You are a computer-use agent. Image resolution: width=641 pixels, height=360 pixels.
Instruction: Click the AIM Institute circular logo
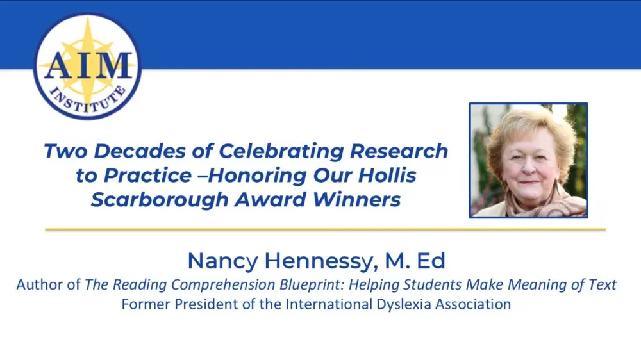[x=88, y=66]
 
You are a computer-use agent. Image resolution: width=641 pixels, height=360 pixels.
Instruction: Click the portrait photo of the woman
[x=528, y=160]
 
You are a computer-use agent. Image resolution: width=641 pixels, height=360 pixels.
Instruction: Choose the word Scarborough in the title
[x=159, y=200]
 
